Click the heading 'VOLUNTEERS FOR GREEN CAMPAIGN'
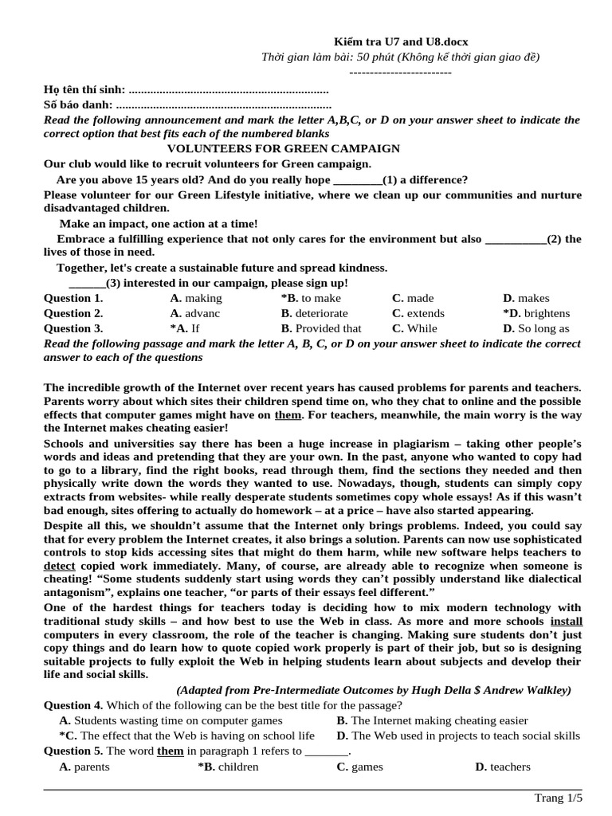pyautogui.click(x=283, y=149)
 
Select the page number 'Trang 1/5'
pyautogui.click(x=558, y=798)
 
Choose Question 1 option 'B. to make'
pyautogui.click(x=311, y=298)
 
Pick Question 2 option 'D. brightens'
pyautogui.click(x=536, y=313)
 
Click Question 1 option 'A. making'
pyautogui.click(x=196, y=298)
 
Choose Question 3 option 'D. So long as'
pyautogui.click(x=536, y=328)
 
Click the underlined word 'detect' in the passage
pyautogui.click(x=59, y=565)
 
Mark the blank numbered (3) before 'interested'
pyautogui.click(x=87, y=283)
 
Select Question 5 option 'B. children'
pyautogui.click(x=228, y=767)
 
